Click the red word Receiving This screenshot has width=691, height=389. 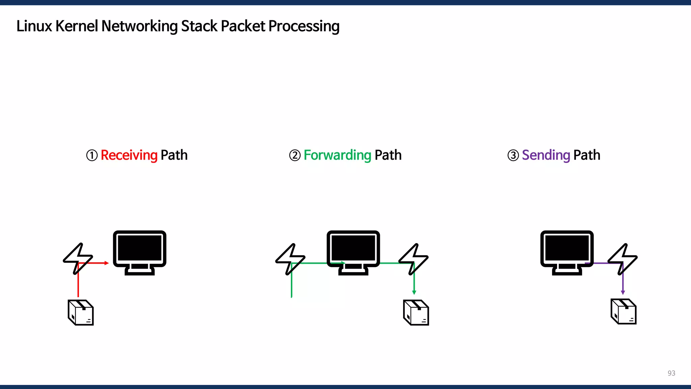click(x=129, y=155)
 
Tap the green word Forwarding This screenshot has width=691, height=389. click(x=337, y=155)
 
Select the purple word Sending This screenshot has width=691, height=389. click(x=546, y=155)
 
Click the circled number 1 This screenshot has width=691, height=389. click(x=92, y=156)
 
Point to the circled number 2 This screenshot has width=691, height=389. click(x=295, y=156)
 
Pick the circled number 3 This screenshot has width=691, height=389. click(x=513, y=156)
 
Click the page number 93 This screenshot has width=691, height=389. click(x=671, y=373)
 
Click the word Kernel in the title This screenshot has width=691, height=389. click(x=77, y=26)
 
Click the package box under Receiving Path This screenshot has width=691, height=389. click(x=81, y=313)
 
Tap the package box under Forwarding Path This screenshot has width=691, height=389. click(x=416, y=313)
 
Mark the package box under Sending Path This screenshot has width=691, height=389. click(x=624, y=312)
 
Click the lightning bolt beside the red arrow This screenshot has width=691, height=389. click(x=78, y=258)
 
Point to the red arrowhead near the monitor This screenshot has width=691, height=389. click(x=107, y=263)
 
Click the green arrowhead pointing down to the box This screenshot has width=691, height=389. click(x=414, y=292)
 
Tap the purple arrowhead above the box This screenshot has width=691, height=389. click(x=623, y=292)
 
